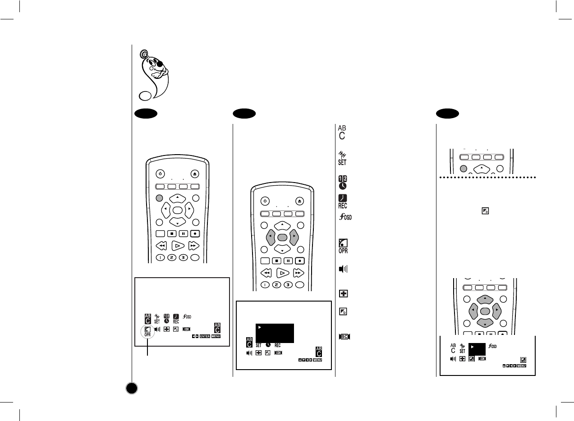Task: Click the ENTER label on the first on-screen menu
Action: click(x=205, y=336)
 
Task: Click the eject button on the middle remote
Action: click(x=300, y=201)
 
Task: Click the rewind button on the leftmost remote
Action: click(x=161, y=246)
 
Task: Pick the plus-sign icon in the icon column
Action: click(x=343, y=294)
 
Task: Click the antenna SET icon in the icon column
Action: click(x=343, y=158)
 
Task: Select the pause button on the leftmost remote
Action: click(x=183, y=233)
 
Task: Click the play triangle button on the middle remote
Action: click(x=282, y=273)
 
